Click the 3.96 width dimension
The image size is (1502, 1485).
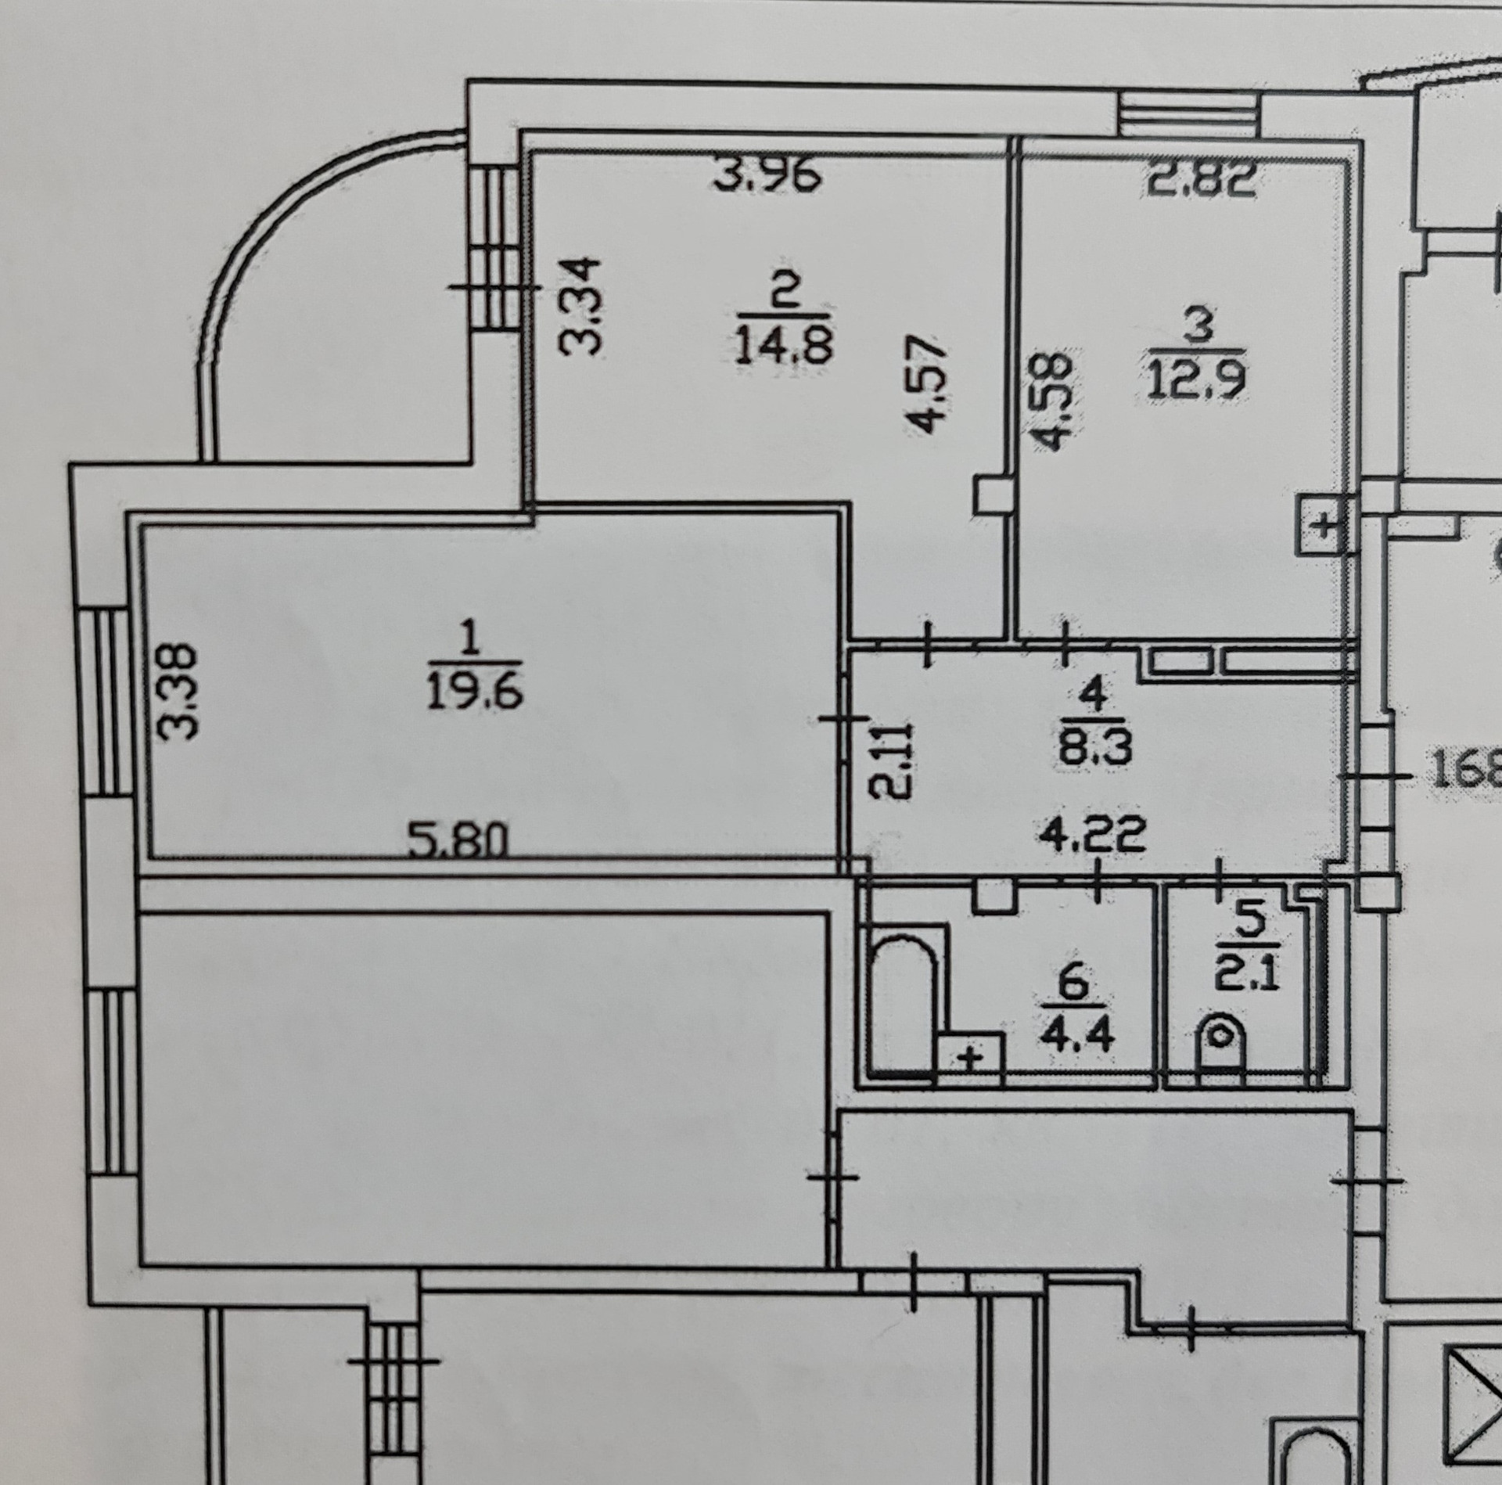[x=769, y=177]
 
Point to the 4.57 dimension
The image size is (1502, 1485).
[x=929, y=383]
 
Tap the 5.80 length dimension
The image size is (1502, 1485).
[x=459, y=842]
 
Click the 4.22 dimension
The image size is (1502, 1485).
[x=1093, y=834]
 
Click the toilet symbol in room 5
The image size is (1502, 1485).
[x=1221, y=1045]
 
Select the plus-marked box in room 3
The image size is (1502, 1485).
[x=1322, y=525]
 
